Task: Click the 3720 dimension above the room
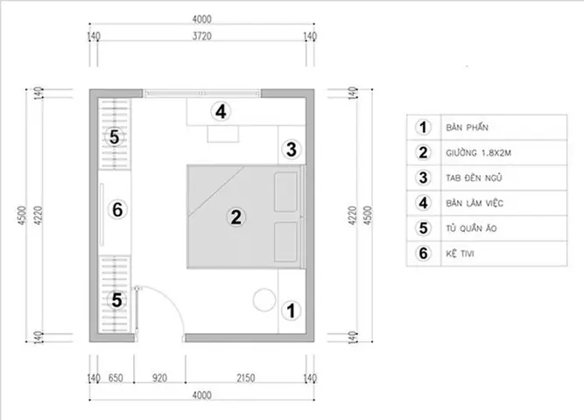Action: click(202, 36)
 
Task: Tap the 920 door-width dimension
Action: click(159, 378)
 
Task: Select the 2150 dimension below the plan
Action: click(246, 378)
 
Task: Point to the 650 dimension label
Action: click(116, 378)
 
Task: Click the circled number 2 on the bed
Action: click(236, 217)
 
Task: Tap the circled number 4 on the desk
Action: click(221, 111)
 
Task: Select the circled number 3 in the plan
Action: click(292, 150)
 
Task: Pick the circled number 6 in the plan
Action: click(117, 209)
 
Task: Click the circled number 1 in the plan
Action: click(291, 311)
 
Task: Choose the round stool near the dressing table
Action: click(264, 300)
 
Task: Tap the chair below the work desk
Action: click(222, 134)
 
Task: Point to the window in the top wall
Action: click(202, 93)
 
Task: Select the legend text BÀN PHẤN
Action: click(467, 128)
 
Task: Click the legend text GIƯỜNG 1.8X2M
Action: click(479, 152)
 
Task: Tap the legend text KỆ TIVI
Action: click(460, 254)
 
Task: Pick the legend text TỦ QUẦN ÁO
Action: click(472, 228)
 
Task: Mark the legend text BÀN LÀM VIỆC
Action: click(475, 203)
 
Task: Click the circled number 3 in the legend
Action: click(423, 178)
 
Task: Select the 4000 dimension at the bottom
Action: click(202, 395)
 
